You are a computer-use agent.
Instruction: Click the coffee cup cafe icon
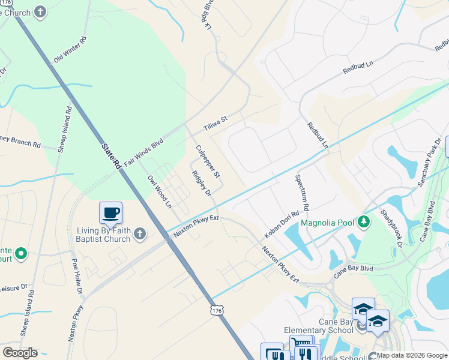[x=110, y=213]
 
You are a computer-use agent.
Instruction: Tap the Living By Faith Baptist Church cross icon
[x=139, y=233]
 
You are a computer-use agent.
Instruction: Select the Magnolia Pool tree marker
[x=363, y=223]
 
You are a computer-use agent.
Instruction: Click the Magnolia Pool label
[x=328, y=223]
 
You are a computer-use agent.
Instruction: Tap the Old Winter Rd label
[x=70, y=50]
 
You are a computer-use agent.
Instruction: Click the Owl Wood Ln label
[x=160, y=191]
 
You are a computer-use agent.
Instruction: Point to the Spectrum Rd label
[x=301, y=193]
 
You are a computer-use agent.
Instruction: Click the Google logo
[x=20, y=353]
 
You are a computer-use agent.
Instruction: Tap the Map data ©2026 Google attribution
[x=411, y=355]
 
